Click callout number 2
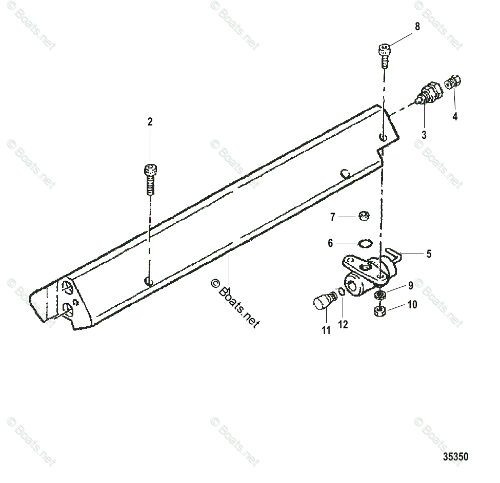coord(150,122)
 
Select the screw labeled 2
coord(150,179)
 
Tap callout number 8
coord(417,27)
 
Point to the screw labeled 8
coord(385,55)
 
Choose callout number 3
coord(424,135)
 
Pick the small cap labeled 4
coord(453,81)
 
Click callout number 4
coord(455,116)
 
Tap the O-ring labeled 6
coord(364,243)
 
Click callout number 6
coord(330,243)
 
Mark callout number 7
coord(332,217)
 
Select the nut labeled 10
coord(380,310)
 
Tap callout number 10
coord(412,305)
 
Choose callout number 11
coord(326,330)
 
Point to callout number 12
coord(343,324)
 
